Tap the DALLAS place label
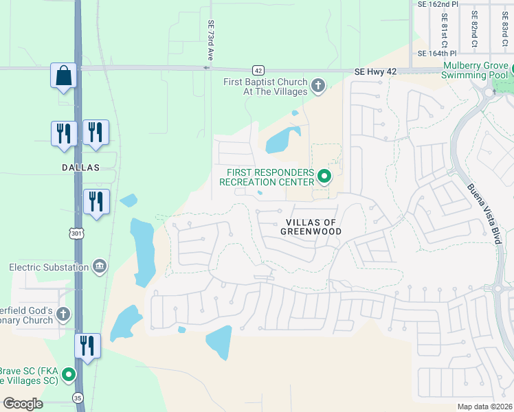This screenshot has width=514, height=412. (x=80, y=168)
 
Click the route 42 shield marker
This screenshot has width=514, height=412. (x=258, y=70)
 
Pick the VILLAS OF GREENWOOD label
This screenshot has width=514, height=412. (x=311, y=227)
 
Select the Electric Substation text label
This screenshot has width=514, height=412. (x=49, y=267)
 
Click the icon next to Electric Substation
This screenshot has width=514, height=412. (x=100, y=266)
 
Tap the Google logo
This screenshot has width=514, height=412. (x=23, y=403)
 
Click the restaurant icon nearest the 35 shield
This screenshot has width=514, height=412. (x=87, y=345)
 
